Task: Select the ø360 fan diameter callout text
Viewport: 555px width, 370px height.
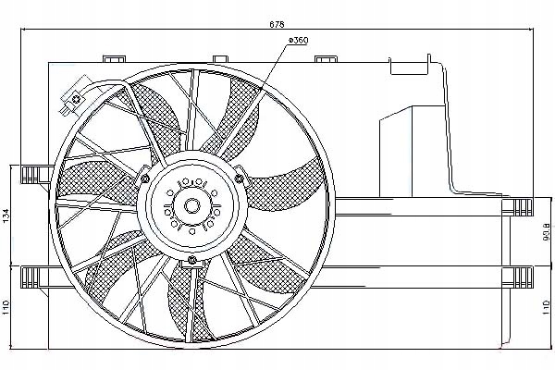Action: pos(299,39)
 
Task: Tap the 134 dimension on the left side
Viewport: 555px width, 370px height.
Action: pos(7,216)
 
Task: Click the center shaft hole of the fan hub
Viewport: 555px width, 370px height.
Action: pos(193,206)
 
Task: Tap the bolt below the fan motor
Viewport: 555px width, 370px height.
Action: pos(192,262)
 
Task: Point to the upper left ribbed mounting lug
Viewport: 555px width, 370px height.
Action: pos(35,173)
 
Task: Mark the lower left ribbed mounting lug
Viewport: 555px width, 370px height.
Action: pos(35,276)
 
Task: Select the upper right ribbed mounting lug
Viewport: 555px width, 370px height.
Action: pos(517,204)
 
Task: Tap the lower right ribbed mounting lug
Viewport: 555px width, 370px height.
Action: pos(517,276)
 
